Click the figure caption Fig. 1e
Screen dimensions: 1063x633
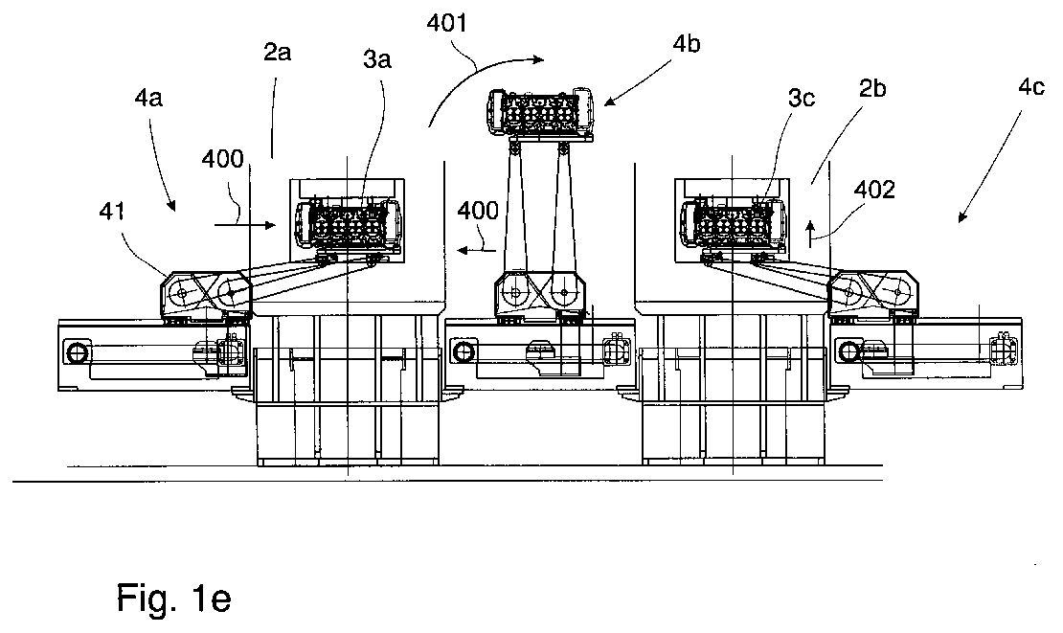173,597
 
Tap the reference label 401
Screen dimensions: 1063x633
447,24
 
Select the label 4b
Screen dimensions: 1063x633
686,43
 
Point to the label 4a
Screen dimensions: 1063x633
148,99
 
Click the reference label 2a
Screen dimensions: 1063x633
278,52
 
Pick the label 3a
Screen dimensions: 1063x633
377,59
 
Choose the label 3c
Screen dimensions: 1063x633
801,99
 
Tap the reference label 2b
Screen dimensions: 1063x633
872,88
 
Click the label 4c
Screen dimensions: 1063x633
1031,87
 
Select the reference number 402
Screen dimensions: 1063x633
873,189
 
